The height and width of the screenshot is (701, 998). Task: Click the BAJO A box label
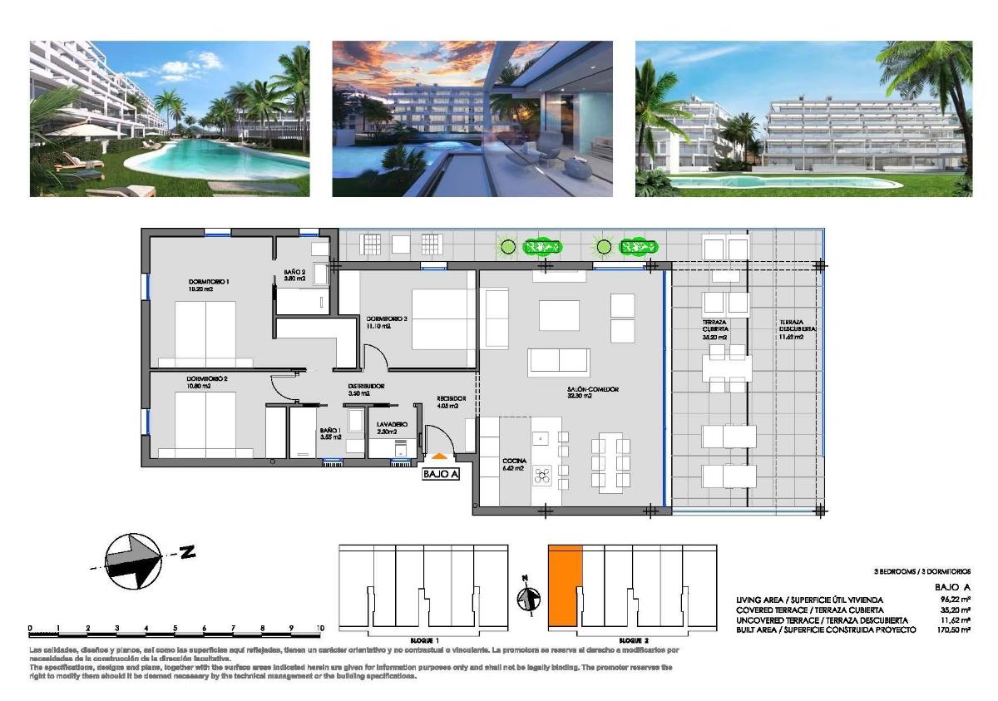coord(441,474)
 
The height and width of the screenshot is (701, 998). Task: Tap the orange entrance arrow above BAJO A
coord(439,455)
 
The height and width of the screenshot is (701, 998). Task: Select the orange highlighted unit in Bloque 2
coord(564,582)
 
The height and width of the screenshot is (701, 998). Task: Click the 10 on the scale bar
coord(320,628)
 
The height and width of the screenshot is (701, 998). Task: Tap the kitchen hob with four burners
coord(542,476)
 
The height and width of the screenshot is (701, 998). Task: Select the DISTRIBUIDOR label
coord(365,388)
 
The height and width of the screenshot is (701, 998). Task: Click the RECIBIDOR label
coord(451,399)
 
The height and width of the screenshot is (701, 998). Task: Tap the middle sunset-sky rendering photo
coord(472,119)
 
